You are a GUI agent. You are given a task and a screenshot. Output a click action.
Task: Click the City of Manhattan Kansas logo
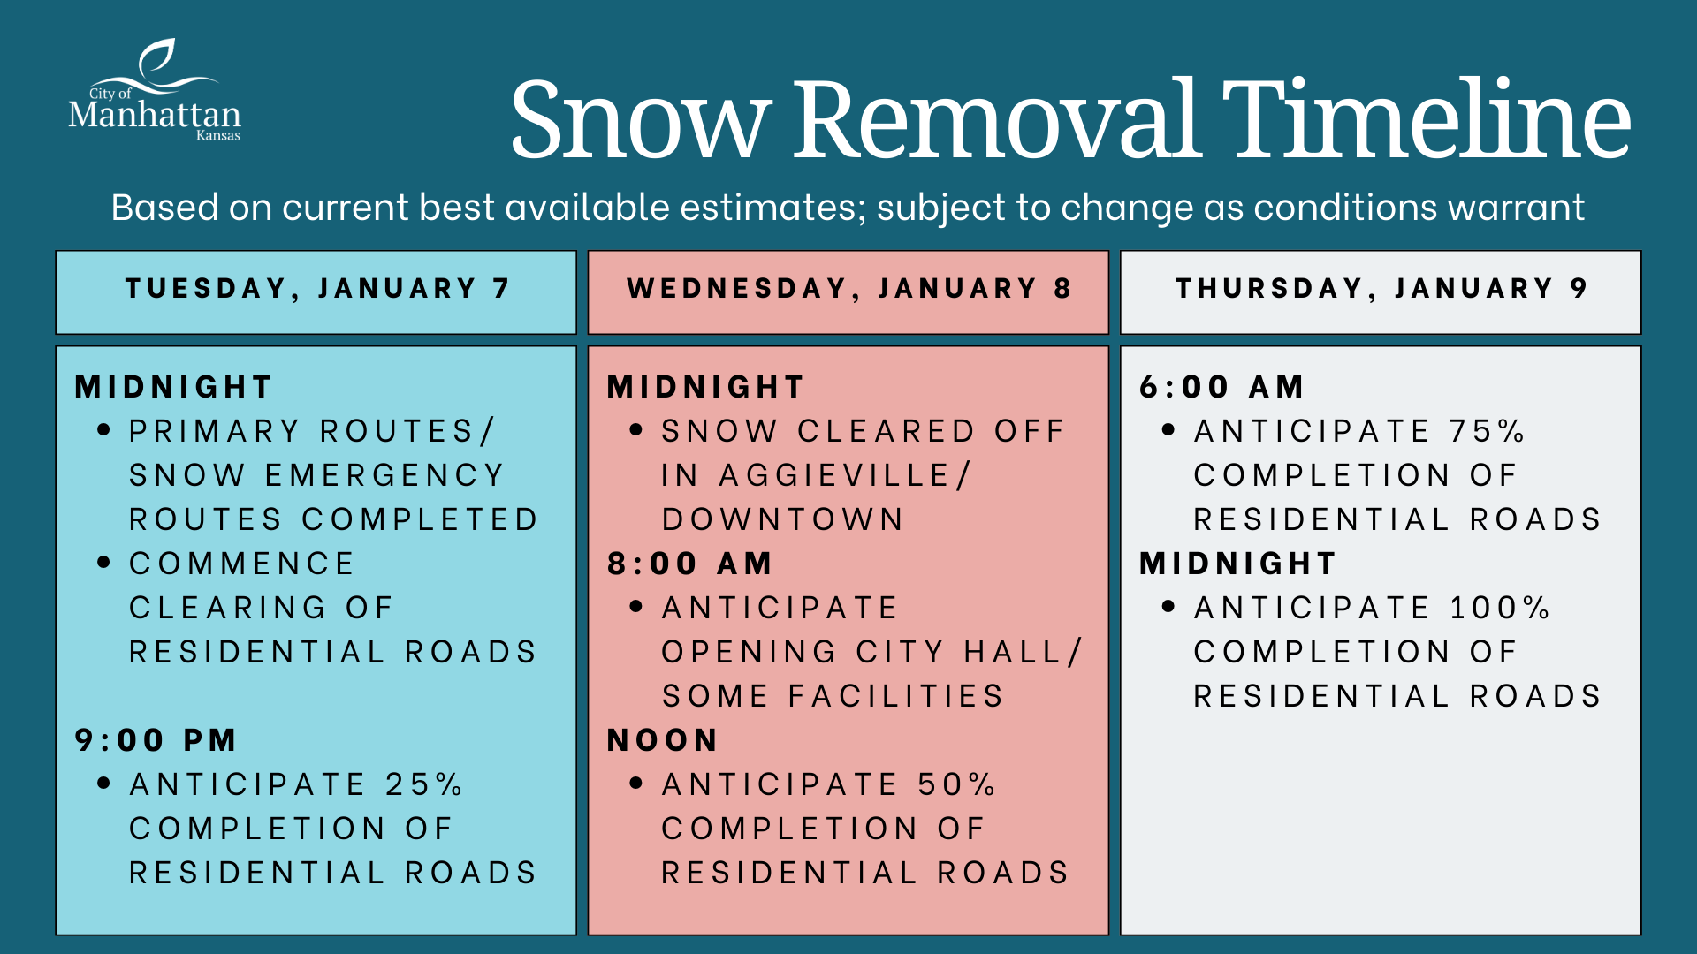point(155,90)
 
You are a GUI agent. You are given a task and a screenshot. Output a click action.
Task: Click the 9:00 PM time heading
point(156,740)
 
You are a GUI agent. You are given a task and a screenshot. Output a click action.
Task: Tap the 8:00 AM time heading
point(689,564)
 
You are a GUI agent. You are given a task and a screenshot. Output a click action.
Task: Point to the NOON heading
point(662,740)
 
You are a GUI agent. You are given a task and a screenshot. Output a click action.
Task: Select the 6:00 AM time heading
point(1221,387)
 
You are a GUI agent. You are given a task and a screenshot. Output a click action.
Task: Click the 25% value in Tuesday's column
point(423,784)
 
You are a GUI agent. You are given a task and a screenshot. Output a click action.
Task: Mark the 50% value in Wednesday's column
point(956,784)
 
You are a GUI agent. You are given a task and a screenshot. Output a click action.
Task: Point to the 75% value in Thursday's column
point(1488,431)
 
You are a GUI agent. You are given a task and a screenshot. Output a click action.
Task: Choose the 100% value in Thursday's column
point(1500,608)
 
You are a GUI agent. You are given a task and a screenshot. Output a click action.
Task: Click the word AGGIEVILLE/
point(845,476)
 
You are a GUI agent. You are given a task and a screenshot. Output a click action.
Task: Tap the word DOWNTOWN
point(783,519)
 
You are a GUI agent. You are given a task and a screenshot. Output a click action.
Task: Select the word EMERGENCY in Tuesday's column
point(384,475)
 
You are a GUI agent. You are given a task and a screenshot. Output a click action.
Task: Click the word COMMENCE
point(242,564)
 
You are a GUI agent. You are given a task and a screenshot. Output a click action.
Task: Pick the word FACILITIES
point(896,696)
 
